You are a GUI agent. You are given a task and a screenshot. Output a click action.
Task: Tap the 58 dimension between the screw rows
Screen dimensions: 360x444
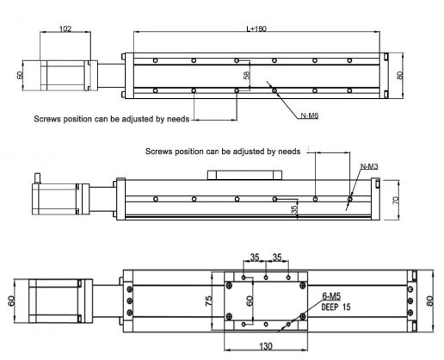tap(248, 76)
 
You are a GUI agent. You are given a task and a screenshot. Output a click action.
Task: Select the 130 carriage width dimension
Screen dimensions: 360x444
tap(265, 346)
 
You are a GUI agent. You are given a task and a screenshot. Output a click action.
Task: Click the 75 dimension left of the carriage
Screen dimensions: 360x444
tap(209, 301)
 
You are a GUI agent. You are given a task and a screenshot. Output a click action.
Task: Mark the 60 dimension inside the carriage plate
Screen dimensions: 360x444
tap(250, 301)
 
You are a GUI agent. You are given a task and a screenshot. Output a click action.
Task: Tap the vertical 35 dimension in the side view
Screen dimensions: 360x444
tap(293, 208)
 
